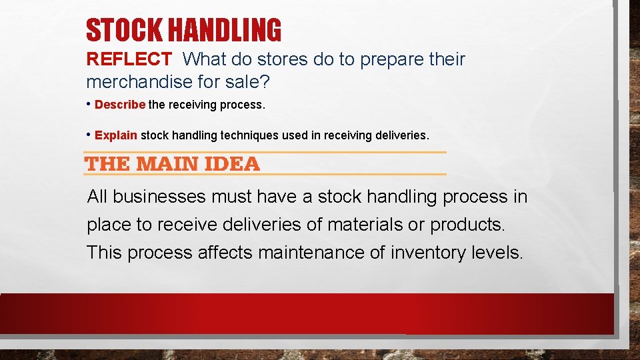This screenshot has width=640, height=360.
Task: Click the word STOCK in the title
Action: (x=125, y=30)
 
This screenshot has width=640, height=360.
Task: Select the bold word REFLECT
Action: (x=129, y=59)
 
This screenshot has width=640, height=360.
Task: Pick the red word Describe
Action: (x=120, y=105)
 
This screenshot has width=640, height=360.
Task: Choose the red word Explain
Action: (x=116, y=135)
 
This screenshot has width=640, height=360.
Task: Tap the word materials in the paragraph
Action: (x=365, y=225)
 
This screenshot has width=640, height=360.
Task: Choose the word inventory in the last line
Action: (x=430, y=253)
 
